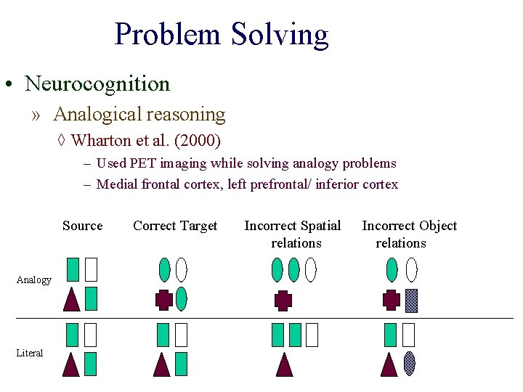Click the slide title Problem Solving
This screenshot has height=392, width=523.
[x=222, y=34]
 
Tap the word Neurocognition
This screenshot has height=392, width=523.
[x=97, y=83]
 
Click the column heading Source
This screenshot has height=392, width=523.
[x=83, y=226]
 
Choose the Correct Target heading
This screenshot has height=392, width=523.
[x=175, y=226]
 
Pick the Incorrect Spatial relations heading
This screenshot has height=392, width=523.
[x=293, y=234]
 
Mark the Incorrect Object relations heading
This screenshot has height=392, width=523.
[x=409, y=234]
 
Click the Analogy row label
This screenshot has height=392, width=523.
[x=34, y=280]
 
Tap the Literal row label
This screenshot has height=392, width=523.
[x=30, y=353]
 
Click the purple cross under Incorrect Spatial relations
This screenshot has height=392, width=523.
[x=283, y=300]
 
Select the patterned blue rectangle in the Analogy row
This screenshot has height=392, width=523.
[x=411, y=300]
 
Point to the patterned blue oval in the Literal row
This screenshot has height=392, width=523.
[x=410, y=362]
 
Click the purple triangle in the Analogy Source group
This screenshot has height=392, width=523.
[x=71, y=300]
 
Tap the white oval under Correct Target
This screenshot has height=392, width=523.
[x=181, y=269]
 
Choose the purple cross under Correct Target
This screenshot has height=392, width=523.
[x=164, y=300]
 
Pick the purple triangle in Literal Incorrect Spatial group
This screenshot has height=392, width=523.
[x=284, y=364]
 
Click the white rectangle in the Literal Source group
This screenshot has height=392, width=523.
[x=90, y=334]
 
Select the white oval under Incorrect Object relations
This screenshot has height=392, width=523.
[x=411, y=269]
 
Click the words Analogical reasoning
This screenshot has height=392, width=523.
[x=139, y=114]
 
